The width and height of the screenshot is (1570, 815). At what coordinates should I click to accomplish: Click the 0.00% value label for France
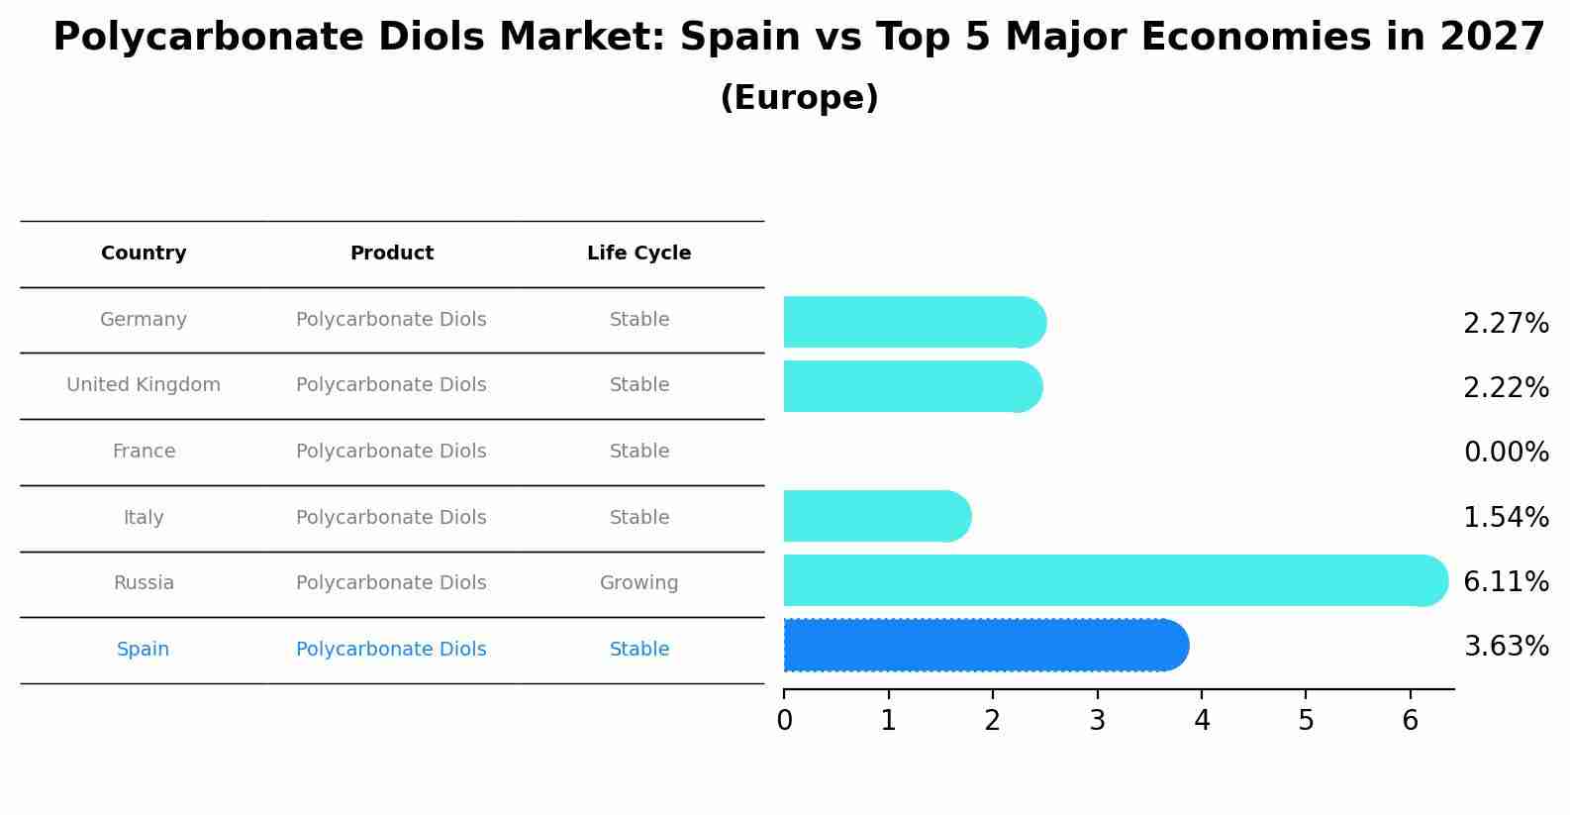click(1506, 453)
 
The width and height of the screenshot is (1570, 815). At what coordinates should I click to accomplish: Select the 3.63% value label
click(1506, 647)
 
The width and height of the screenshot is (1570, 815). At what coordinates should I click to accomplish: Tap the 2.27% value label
click(1506, 324)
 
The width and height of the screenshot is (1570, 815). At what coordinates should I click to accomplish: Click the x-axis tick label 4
click(1202, 721)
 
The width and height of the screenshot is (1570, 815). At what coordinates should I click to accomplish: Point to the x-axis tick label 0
click(784, 721)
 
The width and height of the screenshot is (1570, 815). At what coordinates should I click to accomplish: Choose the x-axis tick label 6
click(1411, 721)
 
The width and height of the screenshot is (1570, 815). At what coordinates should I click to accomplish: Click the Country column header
click(144, 254)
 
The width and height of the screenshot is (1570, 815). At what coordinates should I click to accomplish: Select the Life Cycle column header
click(638, 254)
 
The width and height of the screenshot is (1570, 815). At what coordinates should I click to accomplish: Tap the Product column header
click(391, 254)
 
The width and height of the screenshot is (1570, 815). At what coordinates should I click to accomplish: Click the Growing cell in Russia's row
click(638, 583)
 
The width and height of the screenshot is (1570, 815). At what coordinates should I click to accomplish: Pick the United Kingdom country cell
click(144, 385)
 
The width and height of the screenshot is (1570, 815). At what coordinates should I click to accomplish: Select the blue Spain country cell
click(143, 650)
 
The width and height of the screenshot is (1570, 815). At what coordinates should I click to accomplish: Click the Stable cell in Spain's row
click(638, 650)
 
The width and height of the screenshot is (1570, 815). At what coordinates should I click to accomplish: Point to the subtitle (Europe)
click(799, 98)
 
